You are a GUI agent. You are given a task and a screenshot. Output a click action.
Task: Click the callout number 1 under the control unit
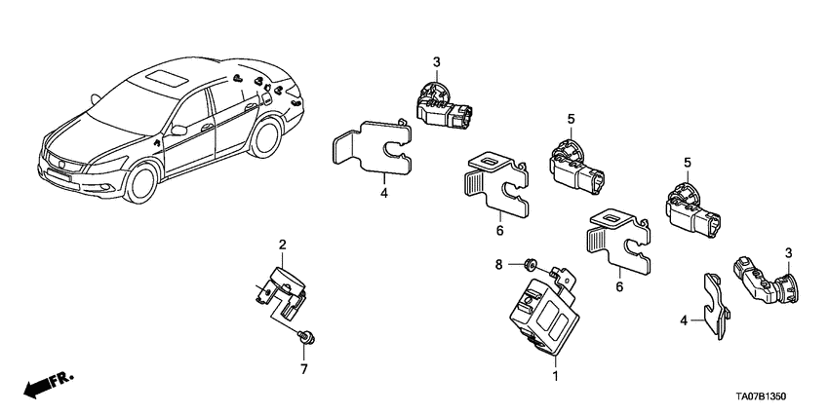point(556,375)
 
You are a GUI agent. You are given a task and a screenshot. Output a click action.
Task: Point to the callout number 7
point(302,370)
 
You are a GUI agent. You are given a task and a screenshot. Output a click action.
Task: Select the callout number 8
point(498,262)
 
